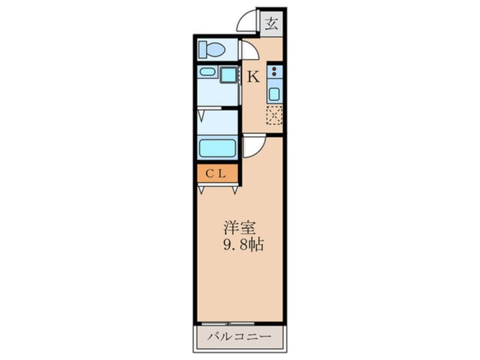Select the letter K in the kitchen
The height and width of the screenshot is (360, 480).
click(253, 77)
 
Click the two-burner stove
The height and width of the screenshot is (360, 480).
click(275, 72)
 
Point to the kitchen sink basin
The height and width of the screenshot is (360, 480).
click(274, 94)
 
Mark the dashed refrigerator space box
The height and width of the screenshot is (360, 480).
click(274, 115)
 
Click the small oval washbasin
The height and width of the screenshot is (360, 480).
click(207, 72)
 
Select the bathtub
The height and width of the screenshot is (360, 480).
click(217, 148)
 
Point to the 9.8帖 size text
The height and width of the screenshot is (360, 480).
click(241, 246)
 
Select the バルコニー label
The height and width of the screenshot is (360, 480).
click(239, 337)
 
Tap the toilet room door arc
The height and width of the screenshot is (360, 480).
click(250, 51)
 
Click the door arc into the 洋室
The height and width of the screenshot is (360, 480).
click(253, 146)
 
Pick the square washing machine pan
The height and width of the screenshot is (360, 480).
click(229, 75)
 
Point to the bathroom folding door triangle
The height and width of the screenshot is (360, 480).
click(201, 114)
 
